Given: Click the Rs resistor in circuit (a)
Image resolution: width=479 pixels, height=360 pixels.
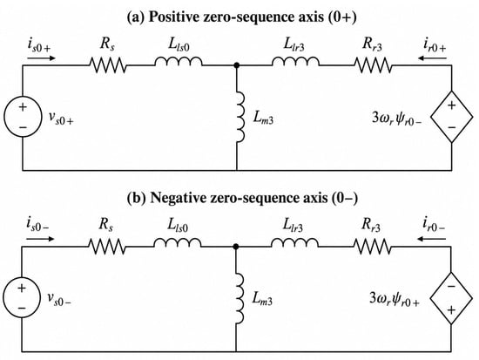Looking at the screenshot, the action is coord(107,65).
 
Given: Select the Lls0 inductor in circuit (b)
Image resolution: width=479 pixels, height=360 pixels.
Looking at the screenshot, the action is coord(178,243).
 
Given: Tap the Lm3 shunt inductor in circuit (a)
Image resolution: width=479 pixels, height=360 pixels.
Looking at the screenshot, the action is coord(240,117).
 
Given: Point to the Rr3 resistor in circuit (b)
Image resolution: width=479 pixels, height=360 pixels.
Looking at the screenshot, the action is coord(373,247).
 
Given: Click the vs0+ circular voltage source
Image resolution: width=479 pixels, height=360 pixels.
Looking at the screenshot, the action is coord(23,117).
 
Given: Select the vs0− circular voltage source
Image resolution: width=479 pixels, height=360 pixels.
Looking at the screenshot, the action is coord(22,297).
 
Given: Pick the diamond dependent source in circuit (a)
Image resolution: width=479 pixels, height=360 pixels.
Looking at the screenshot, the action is coord(452,117).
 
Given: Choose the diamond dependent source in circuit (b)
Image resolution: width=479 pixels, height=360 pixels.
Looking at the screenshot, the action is coord(451,298).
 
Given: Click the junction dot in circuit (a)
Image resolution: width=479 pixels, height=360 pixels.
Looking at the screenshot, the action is coord(236,65).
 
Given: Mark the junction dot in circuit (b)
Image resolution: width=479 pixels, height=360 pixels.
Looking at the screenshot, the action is coord(236,246).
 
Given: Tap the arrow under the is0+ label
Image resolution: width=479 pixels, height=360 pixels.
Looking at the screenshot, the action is coord(41,58).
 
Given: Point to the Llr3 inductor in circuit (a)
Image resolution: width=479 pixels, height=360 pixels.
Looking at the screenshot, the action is coord(295,61).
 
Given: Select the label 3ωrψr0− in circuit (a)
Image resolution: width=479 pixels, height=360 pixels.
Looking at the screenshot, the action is coord(397,118).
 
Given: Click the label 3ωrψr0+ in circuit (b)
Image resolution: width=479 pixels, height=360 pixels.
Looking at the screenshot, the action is coord(395,299).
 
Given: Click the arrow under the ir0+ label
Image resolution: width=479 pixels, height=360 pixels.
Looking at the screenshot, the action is coord(433,58).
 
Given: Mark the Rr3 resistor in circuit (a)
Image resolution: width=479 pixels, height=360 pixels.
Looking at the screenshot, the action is coord(373,65).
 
